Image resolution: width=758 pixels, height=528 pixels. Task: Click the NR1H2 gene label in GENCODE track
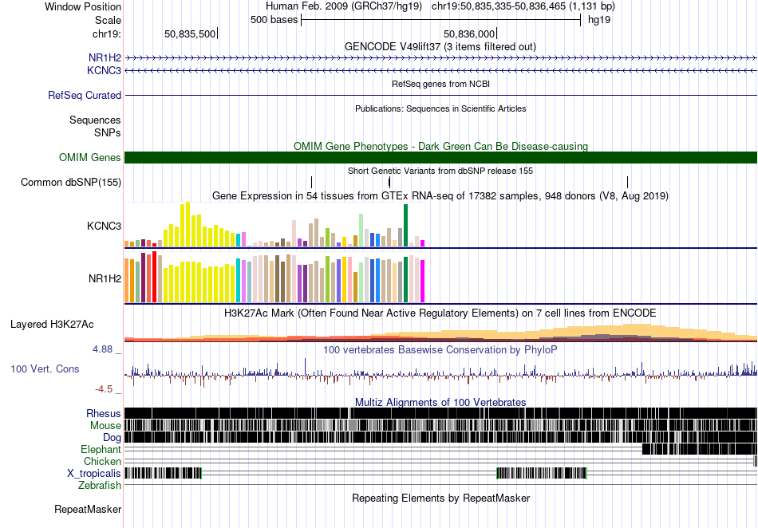pyautogui.click(x=105, y=58)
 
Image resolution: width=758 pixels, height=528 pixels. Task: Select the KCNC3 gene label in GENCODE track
pyautogui.click(x=104, y=70)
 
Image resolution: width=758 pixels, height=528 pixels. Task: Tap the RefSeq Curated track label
pyautogui.click(x=84, y=95)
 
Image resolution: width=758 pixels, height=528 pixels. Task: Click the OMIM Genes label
pyautogui.click(x=89, y=157)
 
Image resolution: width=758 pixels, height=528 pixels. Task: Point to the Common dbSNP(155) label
pyautogui.click(x=70, y=182)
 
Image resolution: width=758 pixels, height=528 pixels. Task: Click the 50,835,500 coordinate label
pyautogui.click(x=190, y=33)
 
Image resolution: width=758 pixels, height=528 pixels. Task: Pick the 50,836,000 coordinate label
pyautogui.click(x=469, y=33)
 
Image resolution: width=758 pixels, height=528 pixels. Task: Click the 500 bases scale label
pyautogui.click(x=274, y=20)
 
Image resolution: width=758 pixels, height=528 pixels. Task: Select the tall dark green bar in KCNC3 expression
pyautogui.click(x=405, y=225)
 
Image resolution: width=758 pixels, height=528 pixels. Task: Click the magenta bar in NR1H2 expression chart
pyautogui.click(x=422, y=282)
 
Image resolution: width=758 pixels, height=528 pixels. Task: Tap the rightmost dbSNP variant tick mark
pyautogui.click(x=627, y=182)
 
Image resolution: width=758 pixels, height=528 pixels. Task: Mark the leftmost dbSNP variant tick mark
pyautogui.click(x=311, y=182)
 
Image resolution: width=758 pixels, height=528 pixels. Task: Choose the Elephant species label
pyautogui.click(x=101, y=449)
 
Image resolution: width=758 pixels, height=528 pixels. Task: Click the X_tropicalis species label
pyautogui.click(x=94, y=474)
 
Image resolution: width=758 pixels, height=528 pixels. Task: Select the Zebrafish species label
pyautogui.click(x=100, y=485)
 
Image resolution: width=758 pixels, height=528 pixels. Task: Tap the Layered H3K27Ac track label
pyautogui.click(x=52, y=324)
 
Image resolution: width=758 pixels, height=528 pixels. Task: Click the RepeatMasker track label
pyautogui.click(x=88, y=509)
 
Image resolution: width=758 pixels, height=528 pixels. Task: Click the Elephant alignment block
pyautogui.click(x=700, y=449)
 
